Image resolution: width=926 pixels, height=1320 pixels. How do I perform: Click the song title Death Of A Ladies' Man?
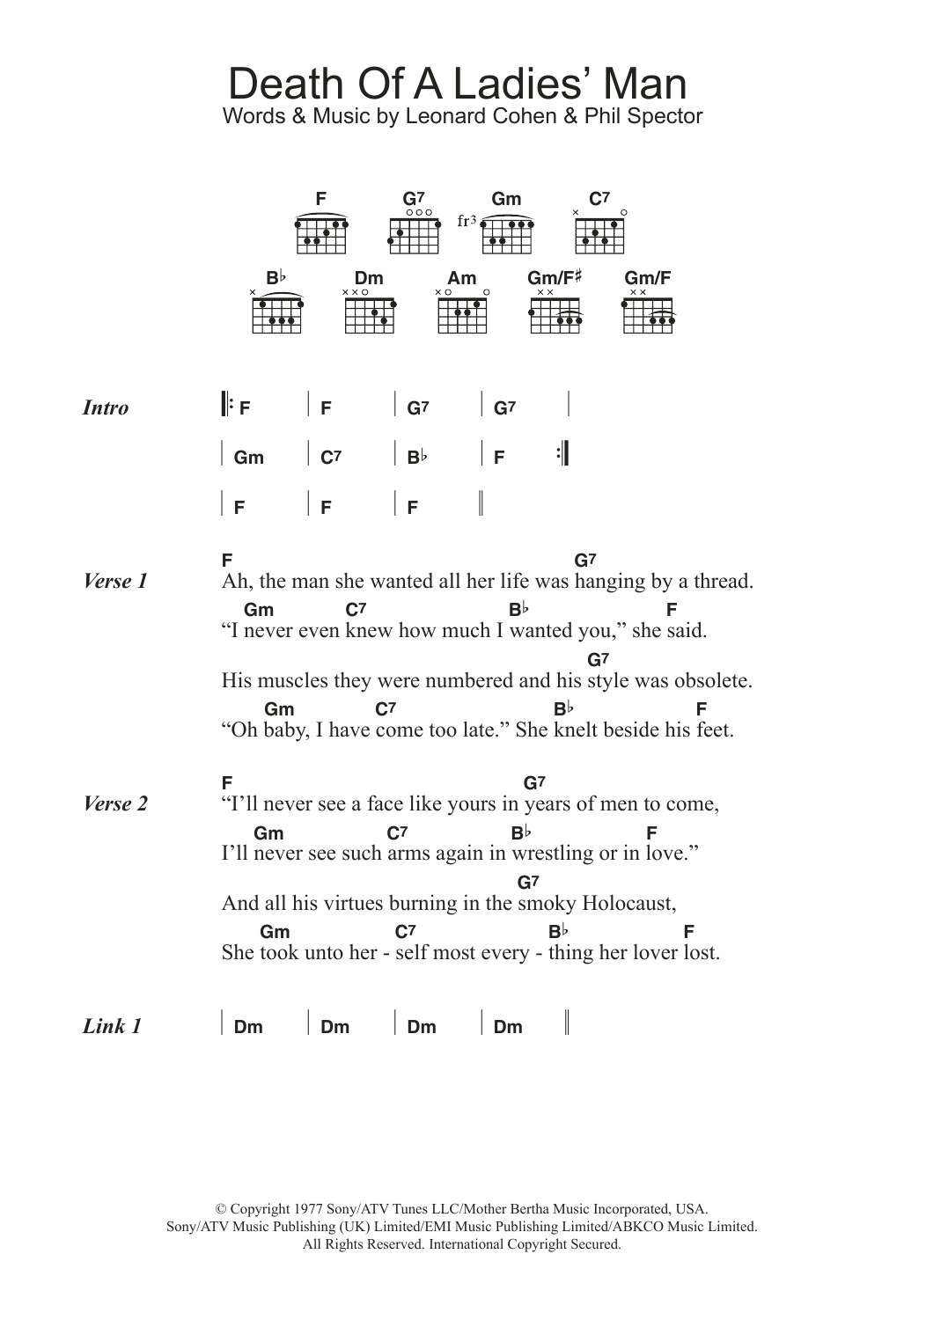tap(457, 84)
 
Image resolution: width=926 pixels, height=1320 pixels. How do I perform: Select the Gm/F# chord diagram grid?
tap(555, 315)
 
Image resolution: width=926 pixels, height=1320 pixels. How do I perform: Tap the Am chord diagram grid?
tap(462, 315)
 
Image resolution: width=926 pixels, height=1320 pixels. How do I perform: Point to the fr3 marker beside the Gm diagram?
tap(467, 221)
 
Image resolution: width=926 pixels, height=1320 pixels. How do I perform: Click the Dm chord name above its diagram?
tap(369, 279)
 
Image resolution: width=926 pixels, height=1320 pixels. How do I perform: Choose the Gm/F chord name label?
tap(648, 279)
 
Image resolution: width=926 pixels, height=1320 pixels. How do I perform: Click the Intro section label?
tap(106, 407)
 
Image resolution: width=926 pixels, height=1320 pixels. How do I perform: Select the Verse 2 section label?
tap(115, 803)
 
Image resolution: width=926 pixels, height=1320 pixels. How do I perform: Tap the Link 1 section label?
tap(112, 1026)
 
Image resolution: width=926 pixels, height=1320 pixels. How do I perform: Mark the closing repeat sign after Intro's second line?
tap(562, 455)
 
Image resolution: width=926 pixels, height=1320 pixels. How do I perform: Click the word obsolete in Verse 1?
tap(713, 681)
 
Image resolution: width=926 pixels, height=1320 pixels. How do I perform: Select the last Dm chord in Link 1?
tap(508, 1027)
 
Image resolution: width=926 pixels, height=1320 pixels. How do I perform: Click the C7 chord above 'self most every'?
tap(405, 932)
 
